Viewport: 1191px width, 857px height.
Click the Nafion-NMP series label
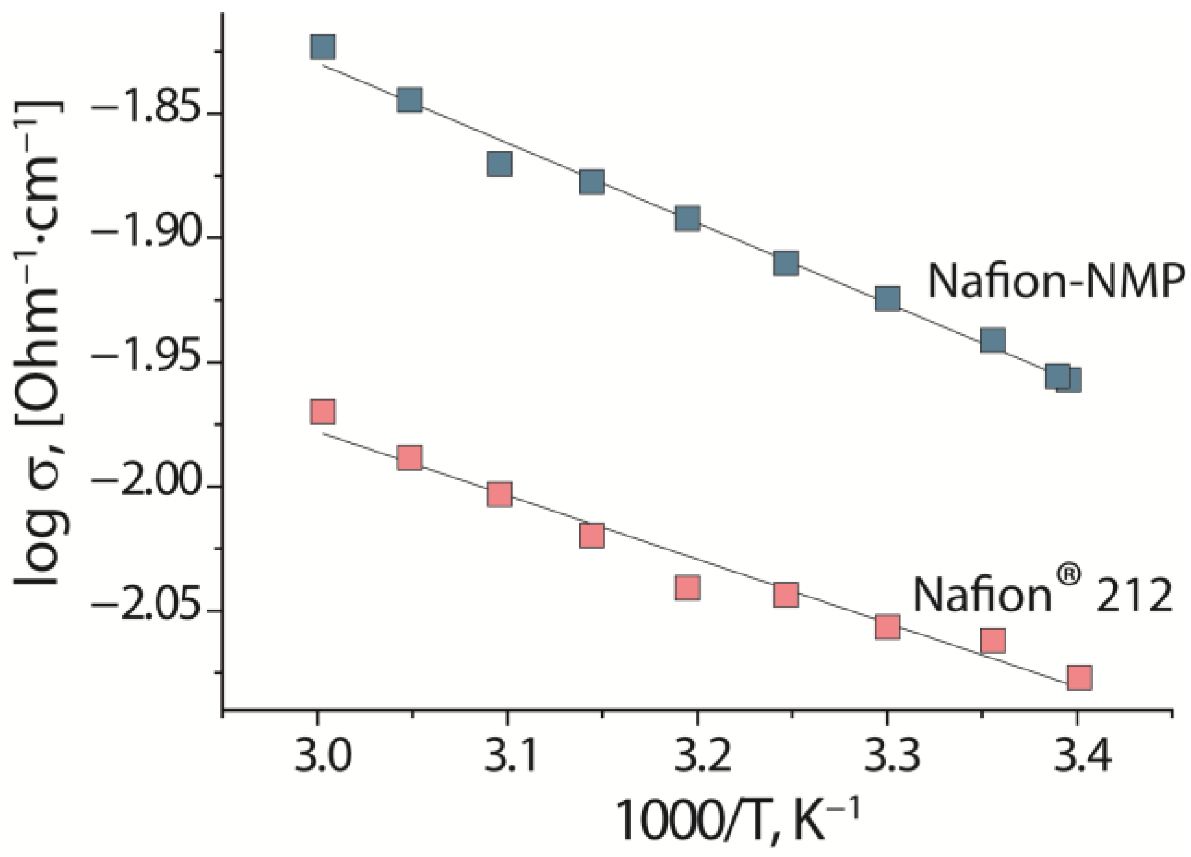click(1056, 281)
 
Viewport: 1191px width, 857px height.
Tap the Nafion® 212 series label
click(1042, 593)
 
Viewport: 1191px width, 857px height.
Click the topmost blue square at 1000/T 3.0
click(323, 47)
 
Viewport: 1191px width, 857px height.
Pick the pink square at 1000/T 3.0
click(323, 411)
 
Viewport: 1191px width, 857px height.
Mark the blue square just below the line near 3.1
click(499, 164)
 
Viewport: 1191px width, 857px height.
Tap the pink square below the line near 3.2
click(687, 588)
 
